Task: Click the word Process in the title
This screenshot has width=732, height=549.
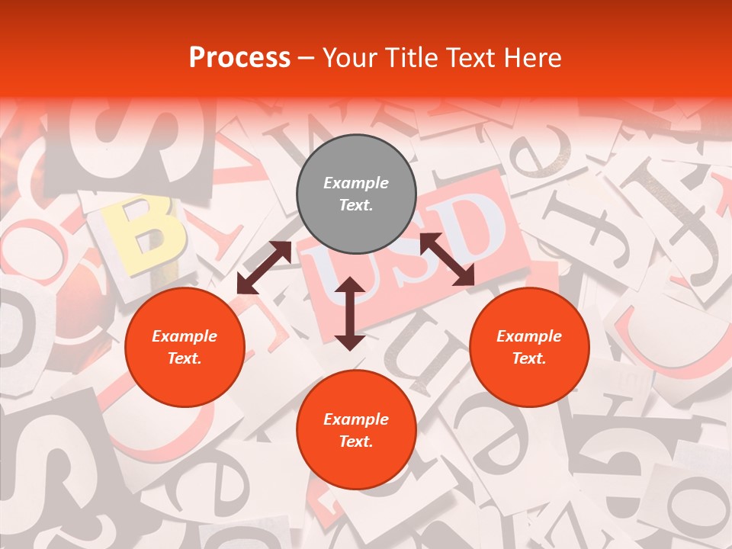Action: [239, 58]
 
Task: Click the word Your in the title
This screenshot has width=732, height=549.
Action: [351, 58]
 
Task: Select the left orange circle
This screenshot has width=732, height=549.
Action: [185, 347]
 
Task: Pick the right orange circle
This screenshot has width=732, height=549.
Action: [529, 347]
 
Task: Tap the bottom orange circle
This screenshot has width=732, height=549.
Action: [356, 430]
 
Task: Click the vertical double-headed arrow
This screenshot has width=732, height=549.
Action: [350, 313]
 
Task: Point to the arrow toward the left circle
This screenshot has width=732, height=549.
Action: [264, 267]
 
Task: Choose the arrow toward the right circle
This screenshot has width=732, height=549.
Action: [448, 259]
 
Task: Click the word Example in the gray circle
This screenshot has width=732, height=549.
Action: [356, 183]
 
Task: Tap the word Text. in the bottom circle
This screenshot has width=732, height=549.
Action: [356, 441]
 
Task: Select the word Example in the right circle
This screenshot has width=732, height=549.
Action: [529, 336]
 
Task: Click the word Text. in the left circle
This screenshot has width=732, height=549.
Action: [185, 358]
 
